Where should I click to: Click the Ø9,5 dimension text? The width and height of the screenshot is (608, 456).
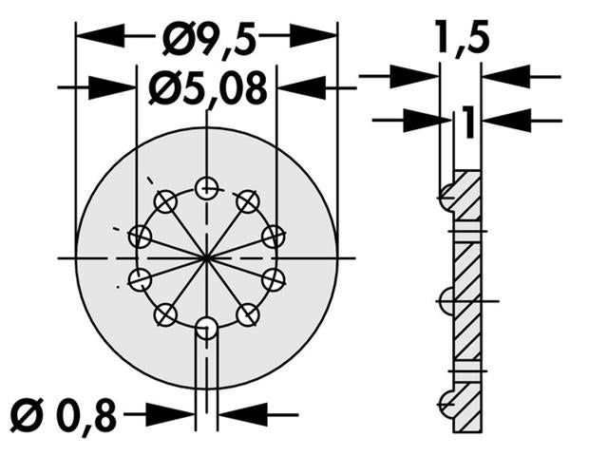pyautogui.click(x=206, y=37)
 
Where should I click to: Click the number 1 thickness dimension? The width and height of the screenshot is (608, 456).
pyautogui.click(x=465, y=121)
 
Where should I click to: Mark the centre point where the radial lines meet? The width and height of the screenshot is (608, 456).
pyautogui.click(x=206, y=257)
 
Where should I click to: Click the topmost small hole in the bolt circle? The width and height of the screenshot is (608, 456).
pyautogui.click(x=206, y=188)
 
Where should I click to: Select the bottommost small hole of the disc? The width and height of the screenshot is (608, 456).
pyautogui.click(x=206, y=328)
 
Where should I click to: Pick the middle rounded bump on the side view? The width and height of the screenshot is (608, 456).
pyautogui.click(x=446, y=302)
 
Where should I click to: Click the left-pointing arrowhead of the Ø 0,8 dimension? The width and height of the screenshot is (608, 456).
pyautogui.click(x=243, y=414)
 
